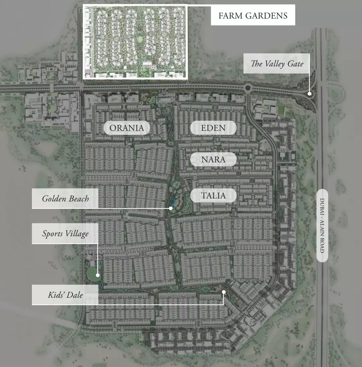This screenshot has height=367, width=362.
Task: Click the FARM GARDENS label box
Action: coord(253,15)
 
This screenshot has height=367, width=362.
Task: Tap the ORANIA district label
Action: coord(127,128)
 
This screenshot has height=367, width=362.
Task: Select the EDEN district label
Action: coord(213,128)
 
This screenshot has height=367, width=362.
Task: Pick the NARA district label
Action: coord(213,159)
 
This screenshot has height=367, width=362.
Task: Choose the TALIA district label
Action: coord(213,196)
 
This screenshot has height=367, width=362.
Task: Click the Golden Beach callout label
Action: coord(65,198)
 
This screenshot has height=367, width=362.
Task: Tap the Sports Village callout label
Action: coord(65,234)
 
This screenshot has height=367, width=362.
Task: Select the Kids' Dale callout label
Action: coord(65,295)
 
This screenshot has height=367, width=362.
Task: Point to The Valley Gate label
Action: coord(277,63)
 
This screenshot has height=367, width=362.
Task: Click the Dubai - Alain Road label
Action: coord(322,225)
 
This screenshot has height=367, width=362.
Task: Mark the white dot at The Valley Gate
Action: coord(310,94)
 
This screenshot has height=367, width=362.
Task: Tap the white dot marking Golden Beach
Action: coord(171,208)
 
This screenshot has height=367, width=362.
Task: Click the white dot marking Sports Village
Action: coord(98,275)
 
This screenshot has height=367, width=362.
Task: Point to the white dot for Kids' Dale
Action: coord(224,292)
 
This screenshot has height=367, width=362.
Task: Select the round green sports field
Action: coord(92,273)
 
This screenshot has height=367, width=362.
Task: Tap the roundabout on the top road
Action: coord(248,88)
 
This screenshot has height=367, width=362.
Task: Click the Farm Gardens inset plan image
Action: coord(135,42)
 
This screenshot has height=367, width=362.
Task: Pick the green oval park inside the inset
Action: coord(140,39)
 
